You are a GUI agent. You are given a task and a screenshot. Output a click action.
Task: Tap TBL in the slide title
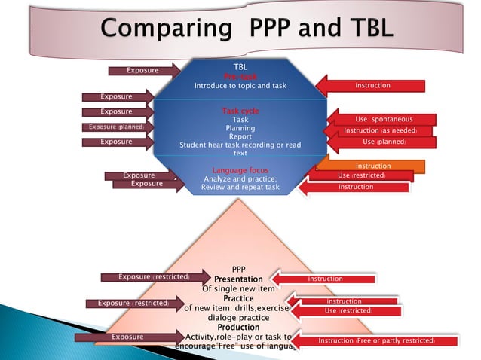[358, 31]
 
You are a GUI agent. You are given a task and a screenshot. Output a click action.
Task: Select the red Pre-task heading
[240, 77]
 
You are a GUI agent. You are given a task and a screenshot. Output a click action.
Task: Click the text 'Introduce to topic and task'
[240, 86]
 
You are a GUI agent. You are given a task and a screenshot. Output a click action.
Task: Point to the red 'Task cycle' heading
[240, 111]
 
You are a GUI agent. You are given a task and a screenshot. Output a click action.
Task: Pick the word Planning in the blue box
[240, 128]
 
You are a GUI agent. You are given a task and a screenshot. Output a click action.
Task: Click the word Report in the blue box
[240, 136]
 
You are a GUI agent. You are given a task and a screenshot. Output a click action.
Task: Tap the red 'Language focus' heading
[240, 170]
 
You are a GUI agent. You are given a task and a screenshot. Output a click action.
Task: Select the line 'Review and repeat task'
[240, 188]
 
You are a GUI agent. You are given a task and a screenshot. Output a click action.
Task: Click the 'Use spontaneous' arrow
[383, 119]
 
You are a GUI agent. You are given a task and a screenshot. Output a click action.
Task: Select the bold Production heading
[238, 327]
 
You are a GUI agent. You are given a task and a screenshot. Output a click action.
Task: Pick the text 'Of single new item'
[238, 288]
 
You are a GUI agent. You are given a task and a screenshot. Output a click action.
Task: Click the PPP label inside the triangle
[238, 269]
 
